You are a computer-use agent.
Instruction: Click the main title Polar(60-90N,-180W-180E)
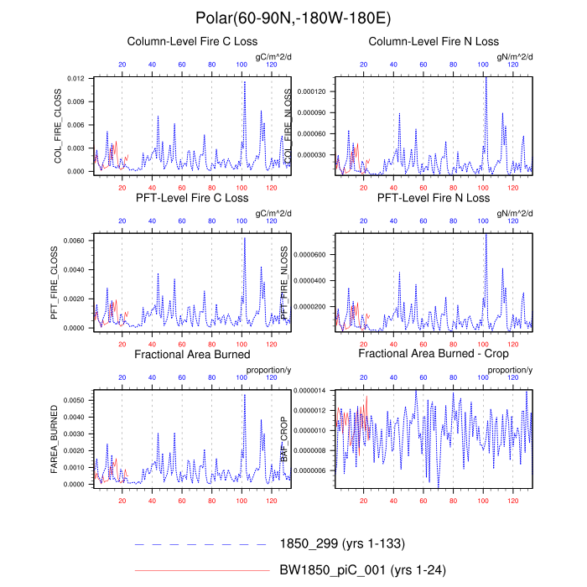click(x=293, y=18)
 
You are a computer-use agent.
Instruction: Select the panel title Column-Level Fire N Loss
click(x=434, y=41)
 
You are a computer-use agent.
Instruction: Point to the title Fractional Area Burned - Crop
click(x=434, y=355)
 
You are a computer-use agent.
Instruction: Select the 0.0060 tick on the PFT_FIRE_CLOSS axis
click(x=74, y=241)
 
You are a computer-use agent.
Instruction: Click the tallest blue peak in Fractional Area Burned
click(x=245, y=395)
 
